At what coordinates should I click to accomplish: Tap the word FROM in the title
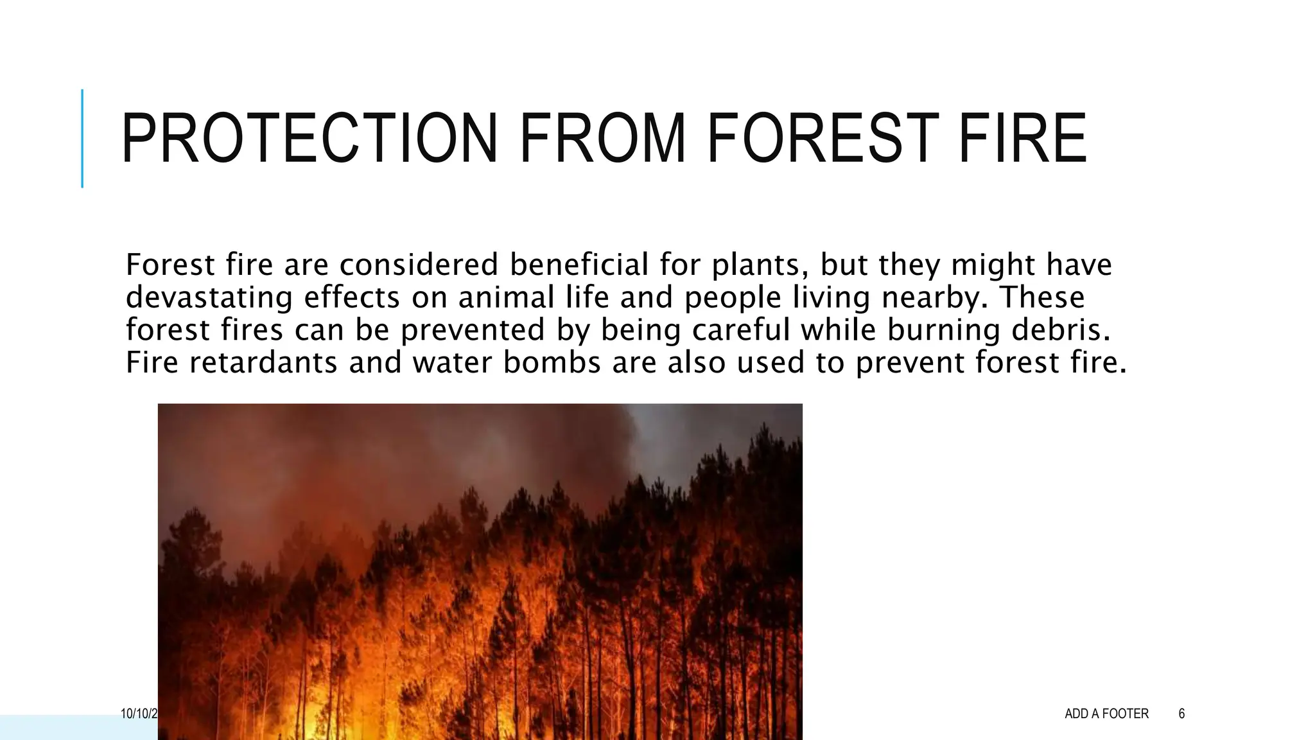coord(602,139)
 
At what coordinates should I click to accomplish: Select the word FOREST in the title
coord(823,139)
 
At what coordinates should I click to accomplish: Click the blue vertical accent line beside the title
coord(82,139)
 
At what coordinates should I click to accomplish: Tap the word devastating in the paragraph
coord(208,297)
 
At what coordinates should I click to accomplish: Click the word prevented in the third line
coord(473,330)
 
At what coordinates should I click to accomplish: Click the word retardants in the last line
coord(263,362)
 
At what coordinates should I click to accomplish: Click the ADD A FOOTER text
coord(1106,714)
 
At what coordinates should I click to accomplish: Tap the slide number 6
coord(1181,714)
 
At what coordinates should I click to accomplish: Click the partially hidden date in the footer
coord(139,714)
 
